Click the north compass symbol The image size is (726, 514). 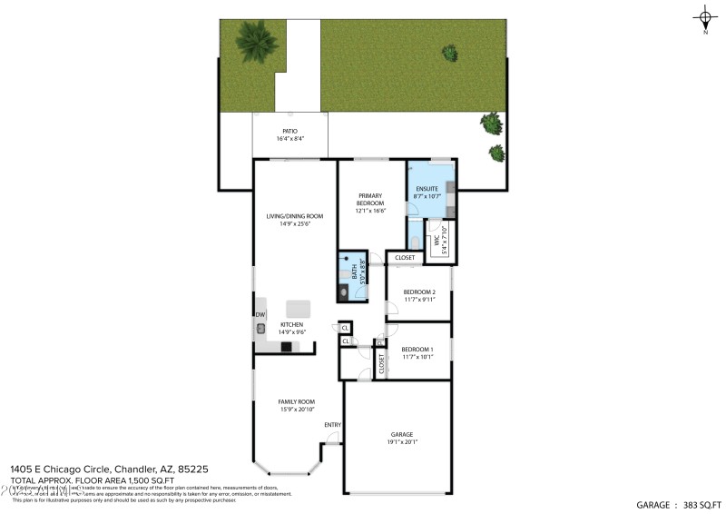pos(705,17)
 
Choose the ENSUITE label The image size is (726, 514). pos(427,192)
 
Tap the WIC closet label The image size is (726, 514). pos(437,242)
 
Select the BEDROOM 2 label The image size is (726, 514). pos(419,295)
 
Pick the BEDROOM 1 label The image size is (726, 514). pos(417,353)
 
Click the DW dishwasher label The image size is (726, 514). pos(260,314)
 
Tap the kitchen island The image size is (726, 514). pos(299,307)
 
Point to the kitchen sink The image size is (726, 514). pos(260,329)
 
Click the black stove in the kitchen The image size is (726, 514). pos(287,346)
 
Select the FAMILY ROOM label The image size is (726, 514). pos(297,405)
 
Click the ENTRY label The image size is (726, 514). pos(332,425)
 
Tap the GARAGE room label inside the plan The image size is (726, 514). pos(402,438)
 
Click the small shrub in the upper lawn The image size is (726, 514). pos(448,52)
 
